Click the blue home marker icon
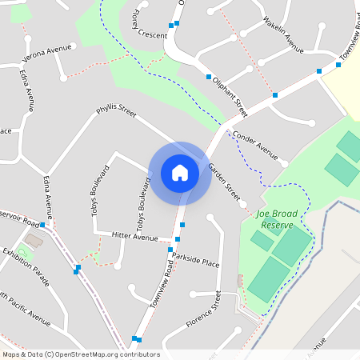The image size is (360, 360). click(180, 173)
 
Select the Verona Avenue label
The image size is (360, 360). click(47, 50)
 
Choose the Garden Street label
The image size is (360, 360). click(224, 182)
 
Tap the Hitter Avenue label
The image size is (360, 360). click(135, 238)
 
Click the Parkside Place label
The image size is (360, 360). click(195, 262)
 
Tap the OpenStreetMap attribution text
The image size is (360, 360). click(81, 354)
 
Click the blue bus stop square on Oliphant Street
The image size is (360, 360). click(209, 77)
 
